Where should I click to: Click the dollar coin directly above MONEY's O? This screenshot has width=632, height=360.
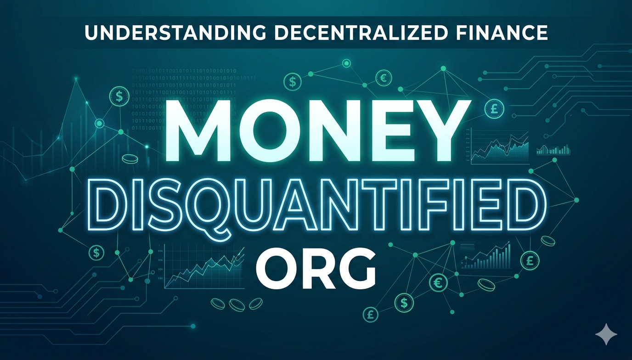(x=292, y=82)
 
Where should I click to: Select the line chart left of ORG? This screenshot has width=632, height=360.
(x=202, y=266)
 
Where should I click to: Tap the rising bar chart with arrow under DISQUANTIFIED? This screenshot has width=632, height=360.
(x=488, y=256)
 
